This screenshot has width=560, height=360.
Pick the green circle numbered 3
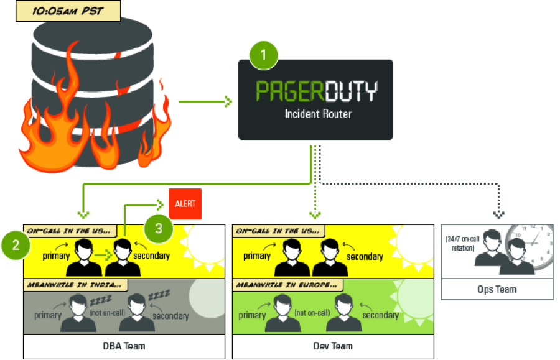tap(159, 228)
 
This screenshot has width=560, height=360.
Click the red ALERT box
tap(185, 204)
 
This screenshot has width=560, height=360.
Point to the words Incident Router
tap(315, 114)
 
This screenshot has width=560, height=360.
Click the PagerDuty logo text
tap(316, 91)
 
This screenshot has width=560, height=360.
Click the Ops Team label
tap(497, 289)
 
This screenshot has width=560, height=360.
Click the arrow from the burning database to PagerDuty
tap(205, 101)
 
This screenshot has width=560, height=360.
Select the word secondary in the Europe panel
tap(381, 315)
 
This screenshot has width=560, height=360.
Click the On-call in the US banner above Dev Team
tap(278, 231)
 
